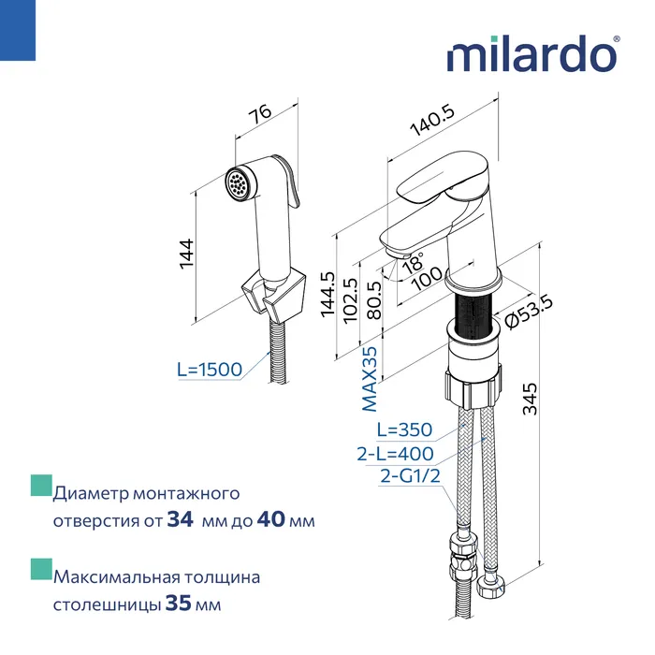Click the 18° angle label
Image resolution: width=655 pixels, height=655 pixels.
(412, 264)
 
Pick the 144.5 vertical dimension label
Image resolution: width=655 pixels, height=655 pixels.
(327, 296)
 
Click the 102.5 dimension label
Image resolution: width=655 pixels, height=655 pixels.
(352, 299)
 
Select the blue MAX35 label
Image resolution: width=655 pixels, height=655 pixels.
(371, 379)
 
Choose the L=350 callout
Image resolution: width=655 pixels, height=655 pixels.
(404, 430)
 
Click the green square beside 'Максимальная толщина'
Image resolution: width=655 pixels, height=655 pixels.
(39, 569)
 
